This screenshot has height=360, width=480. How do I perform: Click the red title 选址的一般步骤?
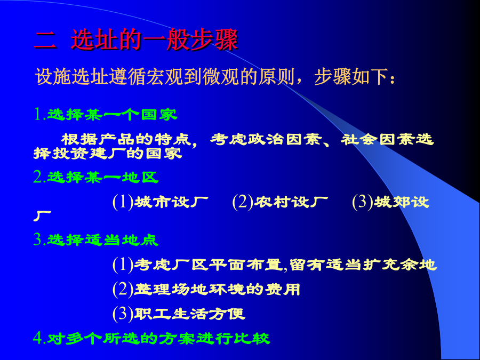tap(154, 39)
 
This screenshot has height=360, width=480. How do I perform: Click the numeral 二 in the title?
tap(45, 41)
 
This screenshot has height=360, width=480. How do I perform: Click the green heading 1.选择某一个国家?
tap(106, 115)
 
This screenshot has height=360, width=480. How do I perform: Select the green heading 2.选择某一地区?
tap(96, 177)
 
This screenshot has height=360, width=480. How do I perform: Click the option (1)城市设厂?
tap(161, 202)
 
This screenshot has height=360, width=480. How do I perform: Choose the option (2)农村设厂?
tap(280, 202)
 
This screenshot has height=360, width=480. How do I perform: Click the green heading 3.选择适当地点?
tap(96, 239)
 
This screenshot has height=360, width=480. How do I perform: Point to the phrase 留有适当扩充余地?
tap(363, 265)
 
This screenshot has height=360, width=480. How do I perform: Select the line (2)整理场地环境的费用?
tap(206, 289)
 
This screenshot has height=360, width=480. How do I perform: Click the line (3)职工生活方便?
tap(179, 314)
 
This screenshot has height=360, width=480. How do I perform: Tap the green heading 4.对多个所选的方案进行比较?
tap(151, 338)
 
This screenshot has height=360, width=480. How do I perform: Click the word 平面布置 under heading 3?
tap(245, 265)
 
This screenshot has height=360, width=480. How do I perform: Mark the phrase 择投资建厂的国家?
tap(108, 154)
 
